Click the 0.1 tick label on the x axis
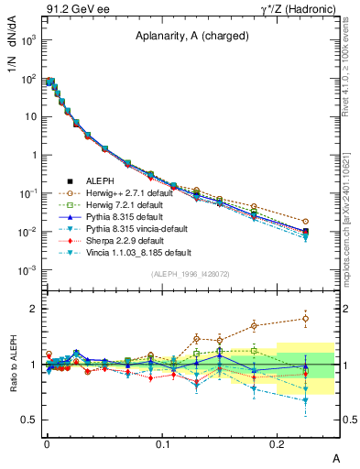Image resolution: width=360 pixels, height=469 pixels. pyautogui.click(x=162, y=443)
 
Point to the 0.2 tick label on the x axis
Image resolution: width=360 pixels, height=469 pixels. pyautogui.click(x=278, y=443)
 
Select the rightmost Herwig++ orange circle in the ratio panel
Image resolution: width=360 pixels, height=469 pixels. pyautogui.click(x=306, y=319)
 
